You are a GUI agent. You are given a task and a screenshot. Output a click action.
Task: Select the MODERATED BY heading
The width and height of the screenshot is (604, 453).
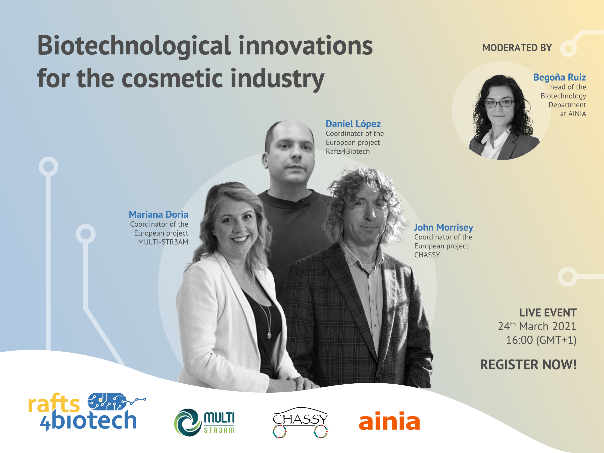pyautogui.click(x=517, y=48)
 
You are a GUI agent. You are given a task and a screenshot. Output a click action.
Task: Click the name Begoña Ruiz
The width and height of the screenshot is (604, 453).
pyautogui.click(x=560, y=77)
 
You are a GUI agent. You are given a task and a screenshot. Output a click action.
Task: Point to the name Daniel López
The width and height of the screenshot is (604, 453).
pyautogui.click(x=353, y=124)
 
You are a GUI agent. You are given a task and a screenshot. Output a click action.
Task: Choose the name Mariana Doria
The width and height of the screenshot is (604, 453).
pyautogui.click(x=158, y=215)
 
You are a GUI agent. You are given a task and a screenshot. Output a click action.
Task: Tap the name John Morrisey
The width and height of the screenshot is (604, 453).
pyautogui.click(x=444, y=227)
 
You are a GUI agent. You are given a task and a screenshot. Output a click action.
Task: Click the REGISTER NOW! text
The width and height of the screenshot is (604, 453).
pyautogui.click(x=528, y=365)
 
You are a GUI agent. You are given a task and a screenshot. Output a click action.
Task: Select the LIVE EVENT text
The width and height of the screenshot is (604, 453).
pyautogui.click(x=548, y=313)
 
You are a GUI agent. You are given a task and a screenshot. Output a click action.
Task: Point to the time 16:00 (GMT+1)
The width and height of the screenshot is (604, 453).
pyautogui.click(x=541, y=340)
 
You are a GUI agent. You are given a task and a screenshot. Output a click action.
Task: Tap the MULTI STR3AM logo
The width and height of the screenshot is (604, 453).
pyautogui.click(x=204, y=422)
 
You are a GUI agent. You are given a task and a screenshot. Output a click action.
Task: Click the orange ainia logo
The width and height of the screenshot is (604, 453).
pyautogui.click(x=389, y=421)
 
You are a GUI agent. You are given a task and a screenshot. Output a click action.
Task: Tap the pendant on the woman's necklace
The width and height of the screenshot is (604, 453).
pyautogui.click(x=269, y=334)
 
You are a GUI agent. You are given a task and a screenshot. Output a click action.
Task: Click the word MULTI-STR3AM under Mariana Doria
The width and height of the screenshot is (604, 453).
pyautogui.click(x=163, y=242)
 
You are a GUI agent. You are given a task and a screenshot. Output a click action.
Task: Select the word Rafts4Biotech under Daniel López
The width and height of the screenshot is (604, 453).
pyautogui.click(x=348, y=151)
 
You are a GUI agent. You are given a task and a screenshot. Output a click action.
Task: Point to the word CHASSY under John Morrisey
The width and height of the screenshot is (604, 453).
pyautogui.click(x=427, y=255)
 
